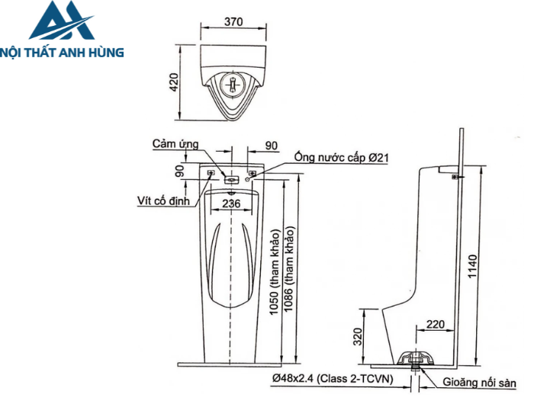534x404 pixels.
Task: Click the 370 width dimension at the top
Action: coord(234,22)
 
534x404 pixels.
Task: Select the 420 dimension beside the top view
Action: coord(174,82)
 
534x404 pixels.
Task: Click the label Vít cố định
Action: coord(162,201)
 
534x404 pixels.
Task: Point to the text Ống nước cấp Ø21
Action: coord(343,158)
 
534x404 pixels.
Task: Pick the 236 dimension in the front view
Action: coord(231,204)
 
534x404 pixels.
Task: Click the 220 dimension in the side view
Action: coord(435,324)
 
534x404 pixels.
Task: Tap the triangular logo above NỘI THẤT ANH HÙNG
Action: coord(62,23)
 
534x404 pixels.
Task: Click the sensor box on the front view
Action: coord(232,180)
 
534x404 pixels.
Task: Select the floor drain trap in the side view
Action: coord(416,359)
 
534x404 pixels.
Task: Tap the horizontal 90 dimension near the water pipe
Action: coord(272,145)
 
